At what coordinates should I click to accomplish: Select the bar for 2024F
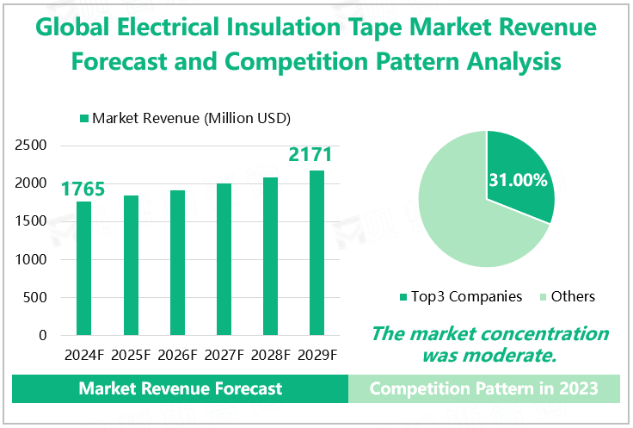click(x=83, y=268)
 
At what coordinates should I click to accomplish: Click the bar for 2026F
click(x=178, y=262)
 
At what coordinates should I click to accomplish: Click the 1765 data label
click(x=83, y=189)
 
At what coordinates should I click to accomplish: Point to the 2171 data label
click(x=310, y=156)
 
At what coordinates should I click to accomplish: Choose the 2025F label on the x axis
click(x=131, y=354)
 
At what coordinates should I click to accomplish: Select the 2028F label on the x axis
click(x=270, y=354)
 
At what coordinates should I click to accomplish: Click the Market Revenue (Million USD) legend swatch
click(x=83, y=118)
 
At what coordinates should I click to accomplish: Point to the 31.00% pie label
click(x=518, y=181)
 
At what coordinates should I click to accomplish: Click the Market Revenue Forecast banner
click(x=180, y=388)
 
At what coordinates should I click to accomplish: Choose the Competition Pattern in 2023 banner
click(x=483, y=388)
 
